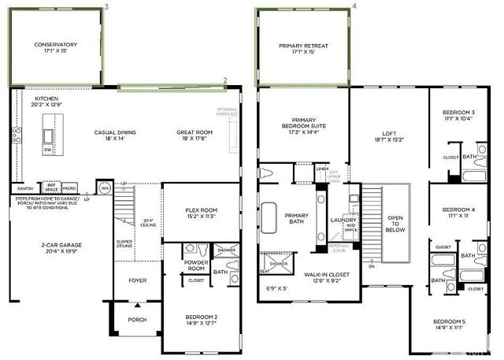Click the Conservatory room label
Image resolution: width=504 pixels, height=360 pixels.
55,44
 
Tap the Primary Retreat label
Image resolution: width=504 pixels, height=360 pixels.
303,46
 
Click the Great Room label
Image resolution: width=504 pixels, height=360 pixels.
193,132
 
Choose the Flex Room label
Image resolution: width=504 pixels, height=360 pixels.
201,210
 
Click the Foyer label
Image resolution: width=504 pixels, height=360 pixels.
138,280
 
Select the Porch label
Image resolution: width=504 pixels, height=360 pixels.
138,320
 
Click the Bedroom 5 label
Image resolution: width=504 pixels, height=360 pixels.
453,322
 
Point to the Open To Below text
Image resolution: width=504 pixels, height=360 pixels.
394,223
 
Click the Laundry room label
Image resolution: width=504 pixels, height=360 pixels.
344,220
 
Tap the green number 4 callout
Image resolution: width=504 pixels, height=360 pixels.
354,6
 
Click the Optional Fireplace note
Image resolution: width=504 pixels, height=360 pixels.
227,110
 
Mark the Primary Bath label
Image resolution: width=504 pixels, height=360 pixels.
297,218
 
